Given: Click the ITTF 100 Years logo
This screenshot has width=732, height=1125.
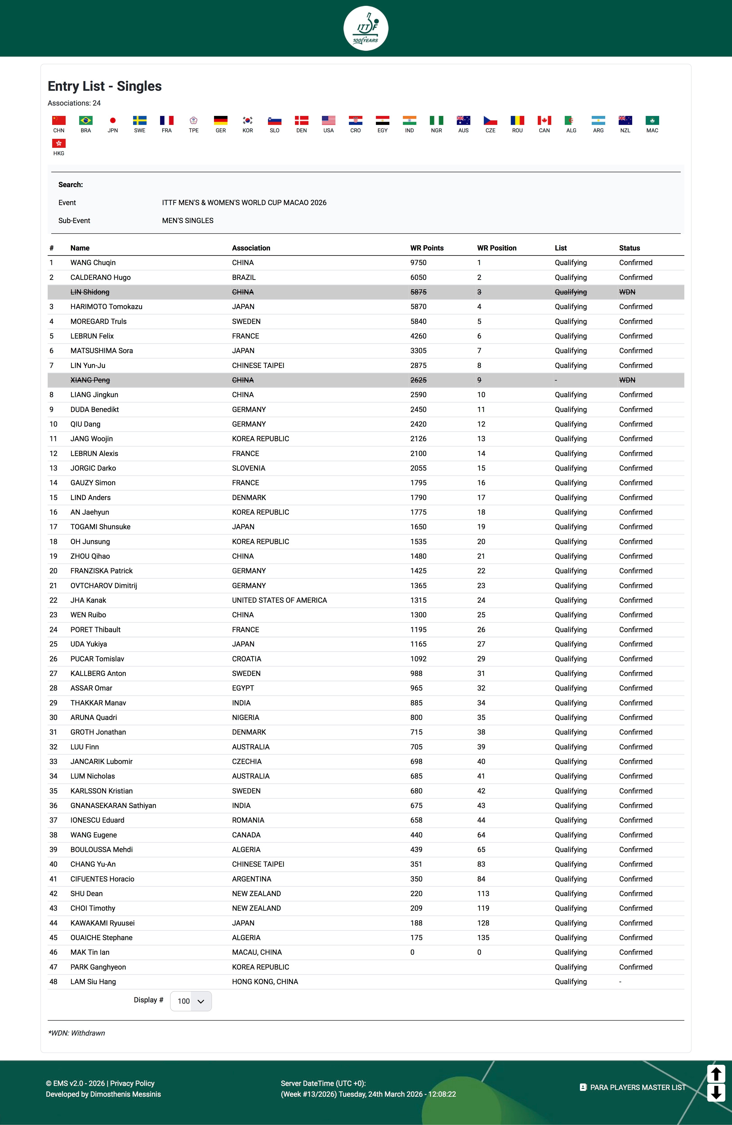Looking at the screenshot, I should point(366,28).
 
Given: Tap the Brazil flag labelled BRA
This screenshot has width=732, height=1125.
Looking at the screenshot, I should point(86,121).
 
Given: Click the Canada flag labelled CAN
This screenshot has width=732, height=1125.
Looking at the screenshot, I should point(544,121).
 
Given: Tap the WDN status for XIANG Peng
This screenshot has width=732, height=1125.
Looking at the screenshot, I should point(627,380).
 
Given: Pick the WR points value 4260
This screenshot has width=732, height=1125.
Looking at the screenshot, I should point(418,336).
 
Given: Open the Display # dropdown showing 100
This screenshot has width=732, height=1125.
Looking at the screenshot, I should point(191,1001).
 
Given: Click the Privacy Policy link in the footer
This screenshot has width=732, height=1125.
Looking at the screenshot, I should point(132,1083).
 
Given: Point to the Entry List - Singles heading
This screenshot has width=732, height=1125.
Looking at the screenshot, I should point(105,86).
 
